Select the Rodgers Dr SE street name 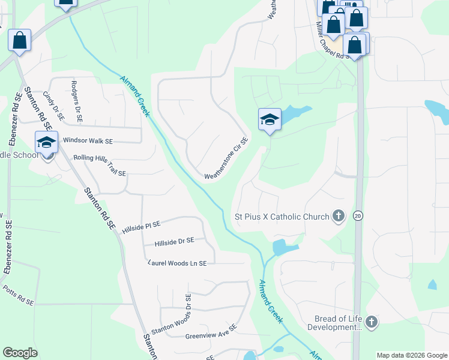click(75, 97)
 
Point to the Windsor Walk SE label click(88, 140)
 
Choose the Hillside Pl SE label click(141, 227)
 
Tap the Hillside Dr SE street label click(174, 241)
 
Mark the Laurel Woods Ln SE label click(177, 263)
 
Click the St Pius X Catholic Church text click(282, 217)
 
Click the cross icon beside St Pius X click(339, 216)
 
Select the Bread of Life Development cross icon click(372, 323)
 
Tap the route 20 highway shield click(358, 216)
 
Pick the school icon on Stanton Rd click(46, 142)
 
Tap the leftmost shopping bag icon click(20, 41)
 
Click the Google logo click(20, 353)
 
